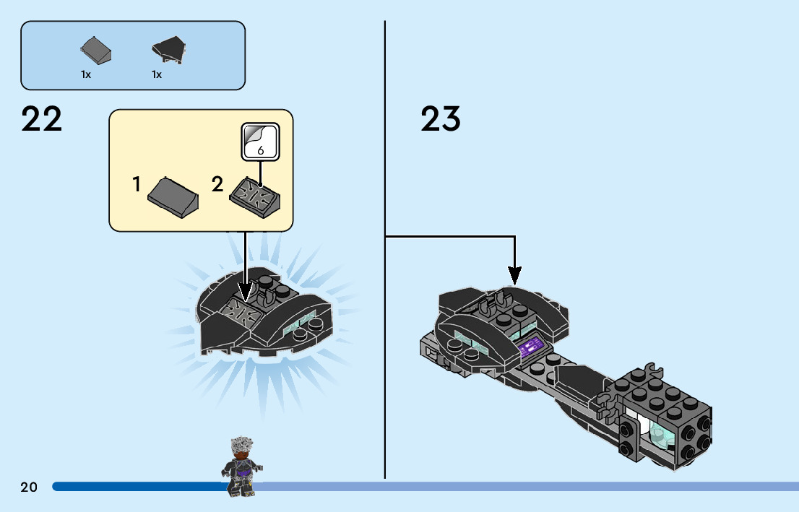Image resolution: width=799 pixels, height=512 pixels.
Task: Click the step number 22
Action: pos(42,119)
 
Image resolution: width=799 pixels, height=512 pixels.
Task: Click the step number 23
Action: pos(441,119)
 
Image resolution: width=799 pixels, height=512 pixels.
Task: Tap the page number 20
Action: pos(29,487)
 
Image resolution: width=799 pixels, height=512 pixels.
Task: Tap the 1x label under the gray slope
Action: pos(86,74)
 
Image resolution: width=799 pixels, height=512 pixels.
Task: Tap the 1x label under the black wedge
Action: pos(157,74)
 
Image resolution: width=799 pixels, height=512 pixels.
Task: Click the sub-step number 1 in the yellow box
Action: pos(137,185)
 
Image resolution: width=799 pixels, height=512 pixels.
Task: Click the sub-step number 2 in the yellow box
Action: pos(217,185)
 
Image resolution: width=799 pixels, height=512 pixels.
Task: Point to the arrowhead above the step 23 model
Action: pos(514,274)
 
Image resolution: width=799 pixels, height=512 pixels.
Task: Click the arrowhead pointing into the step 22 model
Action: pos(246,293)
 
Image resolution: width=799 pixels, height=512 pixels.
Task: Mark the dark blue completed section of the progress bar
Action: pos(137,487)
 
